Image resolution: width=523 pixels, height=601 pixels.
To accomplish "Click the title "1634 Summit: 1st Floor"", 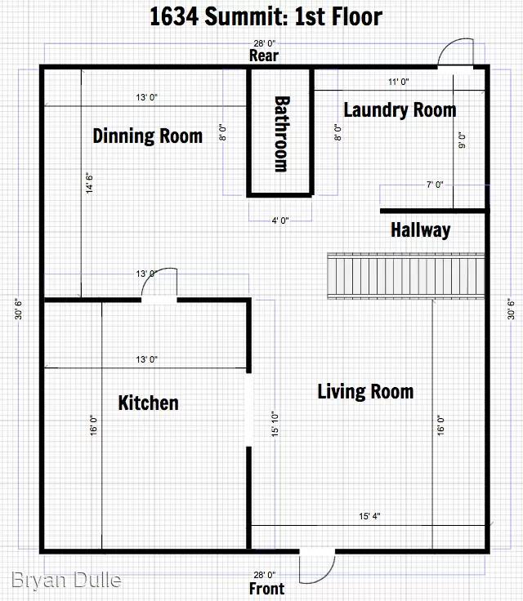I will pyautogui.click(x=266, y=16).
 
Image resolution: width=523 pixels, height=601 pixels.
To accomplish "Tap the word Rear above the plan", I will pyautogui.click(x=264, y=56).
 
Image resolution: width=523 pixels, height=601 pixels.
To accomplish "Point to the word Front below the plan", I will pyautogui.click(x=266, y=588).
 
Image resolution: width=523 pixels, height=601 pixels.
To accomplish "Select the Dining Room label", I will pyautogui.click(x=147, y=136).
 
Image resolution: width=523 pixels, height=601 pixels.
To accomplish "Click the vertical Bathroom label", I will pyautogui.click(x=280, y=134).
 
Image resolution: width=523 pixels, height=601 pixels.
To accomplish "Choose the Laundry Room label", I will pyautogui.click(x=400, y=109).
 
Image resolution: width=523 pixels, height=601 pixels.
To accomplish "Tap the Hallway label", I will pyautogui.click(x=420, y=230).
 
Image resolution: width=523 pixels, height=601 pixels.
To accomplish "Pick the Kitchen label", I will pyautogui.click(x=148, y=403).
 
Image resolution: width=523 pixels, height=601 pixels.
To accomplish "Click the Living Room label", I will pyautogui.click(x=365, y=392).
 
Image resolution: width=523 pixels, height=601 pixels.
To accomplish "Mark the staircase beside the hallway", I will pyautogui.click(x=406, y=277).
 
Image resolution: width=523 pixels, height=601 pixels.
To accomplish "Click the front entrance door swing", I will pyautogui.click(x=318, y=563).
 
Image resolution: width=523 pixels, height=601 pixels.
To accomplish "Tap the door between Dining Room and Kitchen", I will pyautogui.click(x=160, y=286).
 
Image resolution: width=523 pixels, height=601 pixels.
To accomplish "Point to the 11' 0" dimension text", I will pyautogui.click(x=399, y=82).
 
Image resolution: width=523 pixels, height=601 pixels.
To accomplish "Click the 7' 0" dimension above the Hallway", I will pyautogui.click(x=434, y=185).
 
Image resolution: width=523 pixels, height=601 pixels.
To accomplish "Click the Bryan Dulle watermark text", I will pyautogui.click(x=67, y=581).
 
